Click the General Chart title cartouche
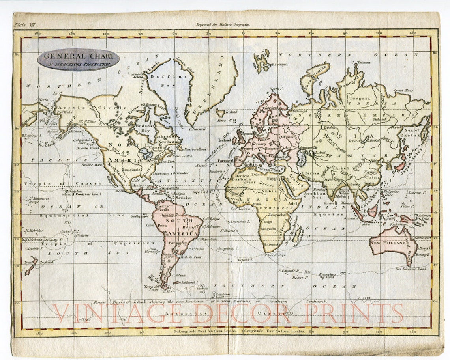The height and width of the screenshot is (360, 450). click(x=78, y=59)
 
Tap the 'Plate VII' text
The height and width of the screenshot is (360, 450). click(x=25, y=24)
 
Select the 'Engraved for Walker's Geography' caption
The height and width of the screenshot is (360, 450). click(x=223, y=24)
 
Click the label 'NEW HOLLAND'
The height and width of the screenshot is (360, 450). click(x=387, y=243)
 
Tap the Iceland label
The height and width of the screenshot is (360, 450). click(x=231, y=112)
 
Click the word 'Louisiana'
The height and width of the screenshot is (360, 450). click(x=132, y=169)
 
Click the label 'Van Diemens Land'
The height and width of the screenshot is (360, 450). click(x=411, y=269)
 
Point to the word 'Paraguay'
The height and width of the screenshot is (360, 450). click(x=180, y=243)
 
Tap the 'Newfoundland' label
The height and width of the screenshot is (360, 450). click(x=195, y=149)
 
